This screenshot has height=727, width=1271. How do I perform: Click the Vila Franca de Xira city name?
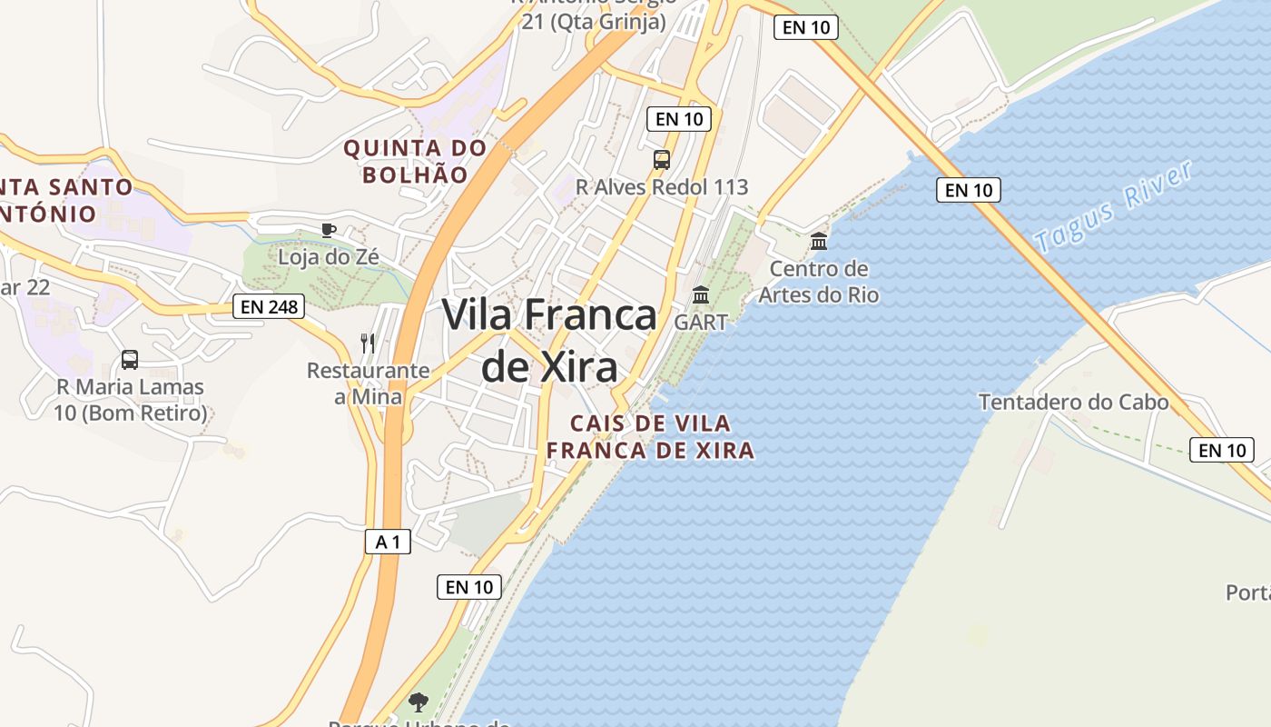(549, 341)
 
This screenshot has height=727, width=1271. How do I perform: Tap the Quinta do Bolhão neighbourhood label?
(415, 161)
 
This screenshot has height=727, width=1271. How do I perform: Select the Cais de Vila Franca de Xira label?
(650, 437)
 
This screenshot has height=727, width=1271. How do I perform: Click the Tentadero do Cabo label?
(1073, 402)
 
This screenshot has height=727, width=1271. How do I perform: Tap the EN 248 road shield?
(269, 306)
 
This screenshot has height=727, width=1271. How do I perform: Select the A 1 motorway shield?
(388, 543)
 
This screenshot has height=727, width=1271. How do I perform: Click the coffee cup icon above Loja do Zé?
(329, 230)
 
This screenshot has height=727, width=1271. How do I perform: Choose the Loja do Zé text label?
(329, 257)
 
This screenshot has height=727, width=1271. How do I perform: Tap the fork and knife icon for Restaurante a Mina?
(368, 343)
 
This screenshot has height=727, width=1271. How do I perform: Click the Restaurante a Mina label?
(368, 383)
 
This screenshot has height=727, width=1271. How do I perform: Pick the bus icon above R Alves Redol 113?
(662, 160)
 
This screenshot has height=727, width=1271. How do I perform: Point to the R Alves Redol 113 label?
(662, 187)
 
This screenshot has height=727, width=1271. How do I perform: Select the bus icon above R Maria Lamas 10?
(130, 359)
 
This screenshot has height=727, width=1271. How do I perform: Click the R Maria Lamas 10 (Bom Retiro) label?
(132, 400)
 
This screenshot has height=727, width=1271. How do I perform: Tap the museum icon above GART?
(701, 294)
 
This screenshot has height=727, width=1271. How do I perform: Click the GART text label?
(701, 322)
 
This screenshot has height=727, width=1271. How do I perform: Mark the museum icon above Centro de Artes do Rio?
(819, 241)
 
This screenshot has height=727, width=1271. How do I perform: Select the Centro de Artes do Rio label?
(819, 282)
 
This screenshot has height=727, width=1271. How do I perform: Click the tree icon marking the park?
(419, 701)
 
